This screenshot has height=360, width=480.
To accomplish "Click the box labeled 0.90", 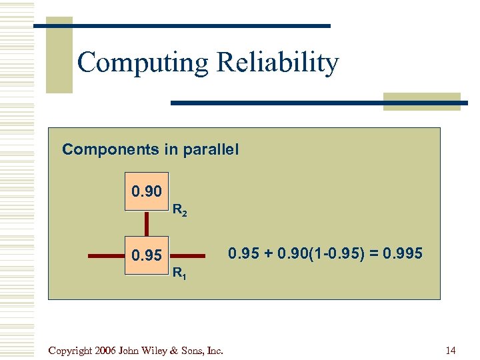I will [x=147, y=193].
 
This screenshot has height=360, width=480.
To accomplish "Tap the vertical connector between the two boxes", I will [x=147, y=223].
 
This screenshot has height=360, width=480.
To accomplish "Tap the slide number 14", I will [x=451, y=350].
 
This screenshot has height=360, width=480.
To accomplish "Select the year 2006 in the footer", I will [x=107, y=350].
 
